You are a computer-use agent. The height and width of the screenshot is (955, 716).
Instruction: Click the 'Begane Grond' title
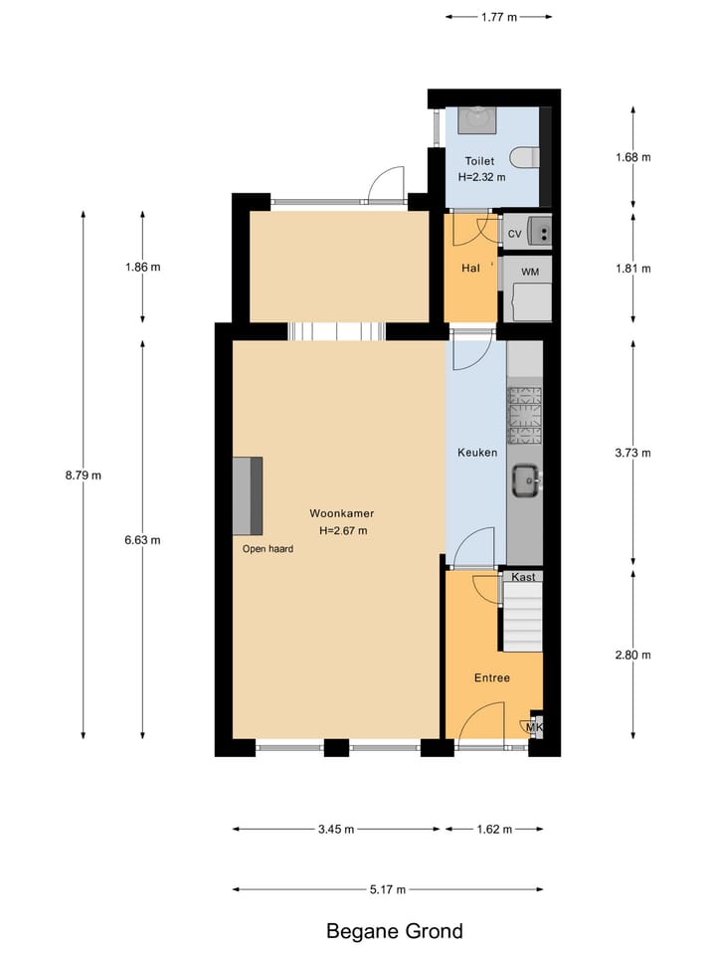click(395, 932)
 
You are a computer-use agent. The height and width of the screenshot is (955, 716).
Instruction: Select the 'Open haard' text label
click(268, 548)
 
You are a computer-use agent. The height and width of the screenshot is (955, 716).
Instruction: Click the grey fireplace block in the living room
click(248, 495)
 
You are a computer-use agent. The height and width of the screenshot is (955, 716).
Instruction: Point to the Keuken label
click(476, 452)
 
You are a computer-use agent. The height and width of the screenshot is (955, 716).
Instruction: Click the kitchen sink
click(525, 481)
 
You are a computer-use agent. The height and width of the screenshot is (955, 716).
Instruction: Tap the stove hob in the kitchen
click(525, 415)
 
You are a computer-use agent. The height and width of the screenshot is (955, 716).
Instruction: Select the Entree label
click(491, 677)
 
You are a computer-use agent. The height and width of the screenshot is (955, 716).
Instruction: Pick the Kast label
click(523, 577)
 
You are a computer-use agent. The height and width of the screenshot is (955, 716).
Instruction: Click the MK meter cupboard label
click(534, 727)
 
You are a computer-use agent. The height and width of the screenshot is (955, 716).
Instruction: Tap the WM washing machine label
click(530, 271)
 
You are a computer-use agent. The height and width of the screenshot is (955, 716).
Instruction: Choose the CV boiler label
click(514, 234)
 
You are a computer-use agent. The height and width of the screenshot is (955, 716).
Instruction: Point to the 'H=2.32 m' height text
click(482, 176)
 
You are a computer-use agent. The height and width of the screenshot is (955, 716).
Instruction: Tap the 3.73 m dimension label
click(633, 453)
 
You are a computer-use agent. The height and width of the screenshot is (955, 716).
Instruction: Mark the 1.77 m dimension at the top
click(497, 16)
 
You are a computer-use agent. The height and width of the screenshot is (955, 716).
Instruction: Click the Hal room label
click(470, 269)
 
